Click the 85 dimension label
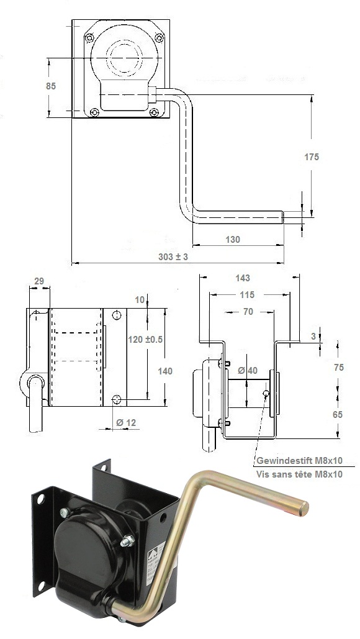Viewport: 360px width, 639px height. coord(51,86)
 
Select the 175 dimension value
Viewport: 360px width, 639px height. coord(312,157)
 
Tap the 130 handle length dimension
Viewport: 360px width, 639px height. coord(233,240)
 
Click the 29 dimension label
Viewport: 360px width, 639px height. coord(39,281)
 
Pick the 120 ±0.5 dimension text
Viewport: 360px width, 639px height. coord(145,339)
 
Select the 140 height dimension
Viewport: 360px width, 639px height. coord(165,371)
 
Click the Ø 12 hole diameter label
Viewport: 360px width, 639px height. coord(126,423)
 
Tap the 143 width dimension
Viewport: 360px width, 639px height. coord(243,278)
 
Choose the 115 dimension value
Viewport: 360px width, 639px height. coord(247,294)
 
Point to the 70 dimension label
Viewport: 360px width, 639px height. coord(248,312)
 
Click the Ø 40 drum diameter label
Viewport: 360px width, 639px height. coord(248,371)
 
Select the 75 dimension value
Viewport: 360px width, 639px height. coord(338,367)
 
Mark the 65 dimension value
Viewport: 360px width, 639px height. coord(338,414)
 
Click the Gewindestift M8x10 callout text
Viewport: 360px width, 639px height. coord(299,461)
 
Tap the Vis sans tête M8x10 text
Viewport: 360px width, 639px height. coord(299,474)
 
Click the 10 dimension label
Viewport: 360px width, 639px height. coord(140,300)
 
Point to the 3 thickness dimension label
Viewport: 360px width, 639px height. coord(313,336)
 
